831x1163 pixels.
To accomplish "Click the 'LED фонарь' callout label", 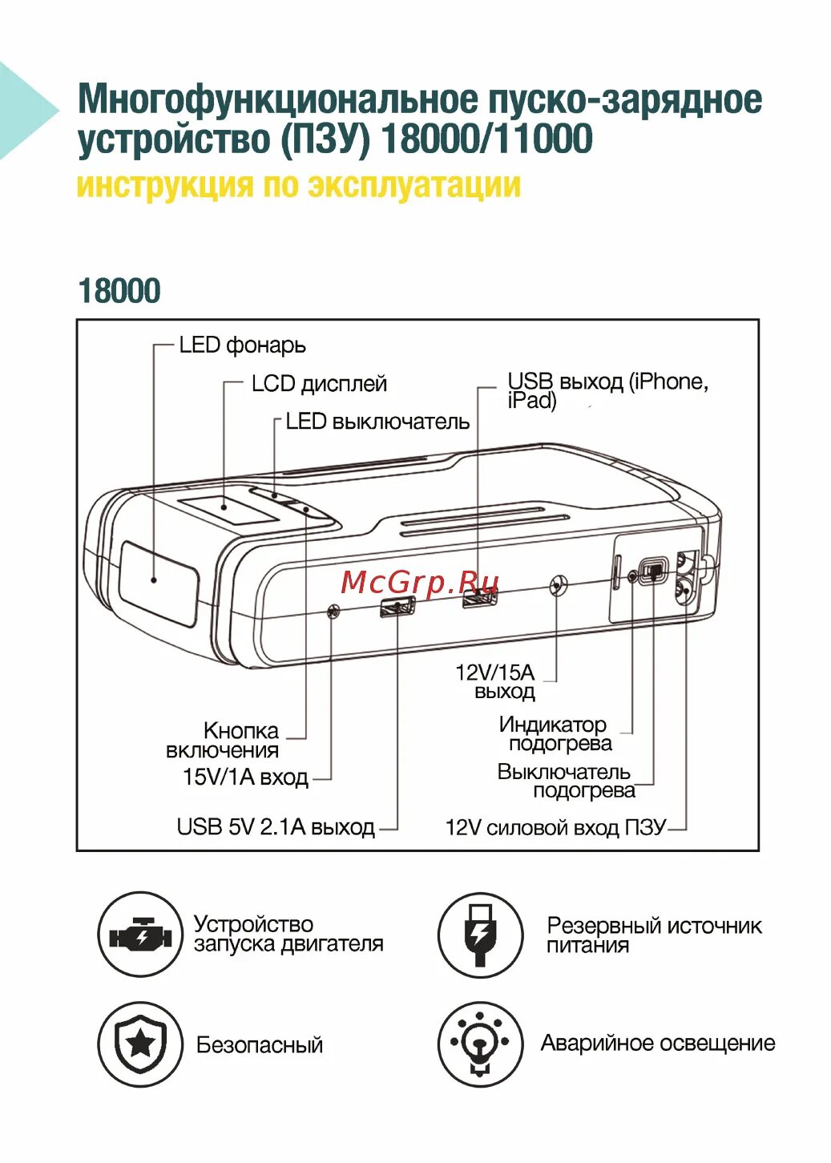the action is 242,345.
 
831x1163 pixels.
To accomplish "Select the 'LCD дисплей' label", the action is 319,384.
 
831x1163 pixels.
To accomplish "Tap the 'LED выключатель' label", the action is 377,422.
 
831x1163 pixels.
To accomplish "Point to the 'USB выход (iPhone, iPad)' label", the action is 607,390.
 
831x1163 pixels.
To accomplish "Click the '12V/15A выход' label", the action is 495,682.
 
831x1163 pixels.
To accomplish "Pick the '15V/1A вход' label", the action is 245,777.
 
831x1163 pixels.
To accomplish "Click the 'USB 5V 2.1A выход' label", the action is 276,826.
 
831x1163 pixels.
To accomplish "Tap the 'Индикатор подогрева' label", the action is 555,734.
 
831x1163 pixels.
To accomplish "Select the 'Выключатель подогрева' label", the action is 566,781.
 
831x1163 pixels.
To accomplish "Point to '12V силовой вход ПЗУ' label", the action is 555,827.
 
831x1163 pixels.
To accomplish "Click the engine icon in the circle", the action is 140,935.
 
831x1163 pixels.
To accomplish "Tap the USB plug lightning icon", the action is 480,935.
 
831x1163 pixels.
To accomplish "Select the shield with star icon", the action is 140,1044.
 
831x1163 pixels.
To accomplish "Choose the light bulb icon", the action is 480,1044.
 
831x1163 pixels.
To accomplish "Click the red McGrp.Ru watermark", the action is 420,582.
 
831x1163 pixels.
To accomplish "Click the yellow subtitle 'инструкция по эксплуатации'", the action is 298,185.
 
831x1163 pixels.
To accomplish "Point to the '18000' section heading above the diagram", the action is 119,291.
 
